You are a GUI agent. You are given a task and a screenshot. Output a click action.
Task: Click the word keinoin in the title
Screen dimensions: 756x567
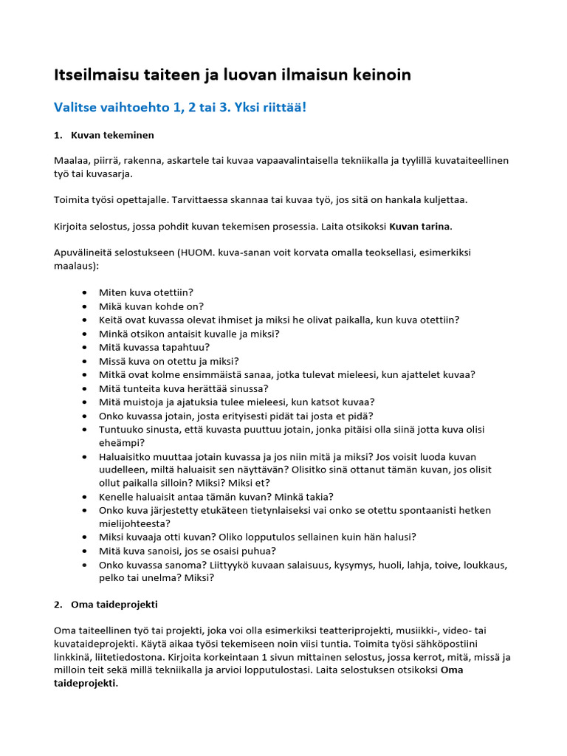375,75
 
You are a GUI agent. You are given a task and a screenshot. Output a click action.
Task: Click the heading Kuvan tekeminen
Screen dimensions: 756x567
112,136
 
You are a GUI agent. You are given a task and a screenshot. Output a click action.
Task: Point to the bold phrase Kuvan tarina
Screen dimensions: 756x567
420,226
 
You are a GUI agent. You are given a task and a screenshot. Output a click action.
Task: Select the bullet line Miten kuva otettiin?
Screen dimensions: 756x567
145,293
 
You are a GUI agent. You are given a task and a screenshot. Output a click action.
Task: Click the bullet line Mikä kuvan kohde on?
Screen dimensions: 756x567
151,306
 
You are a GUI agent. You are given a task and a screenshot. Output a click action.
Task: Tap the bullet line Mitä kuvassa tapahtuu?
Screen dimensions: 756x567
154,347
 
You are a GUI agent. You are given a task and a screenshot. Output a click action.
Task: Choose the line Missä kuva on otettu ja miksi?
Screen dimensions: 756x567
169,361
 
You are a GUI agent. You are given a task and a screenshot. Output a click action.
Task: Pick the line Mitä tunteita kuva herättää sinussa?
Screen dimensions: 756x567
184,388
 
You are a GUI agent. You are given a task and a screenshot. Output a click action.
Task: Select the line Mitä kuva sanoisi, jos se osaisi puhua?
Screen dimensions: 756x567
188,551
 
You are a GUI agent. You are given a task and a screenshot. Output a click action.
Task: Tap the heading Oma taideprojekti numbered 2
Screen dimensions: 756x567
114,605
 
